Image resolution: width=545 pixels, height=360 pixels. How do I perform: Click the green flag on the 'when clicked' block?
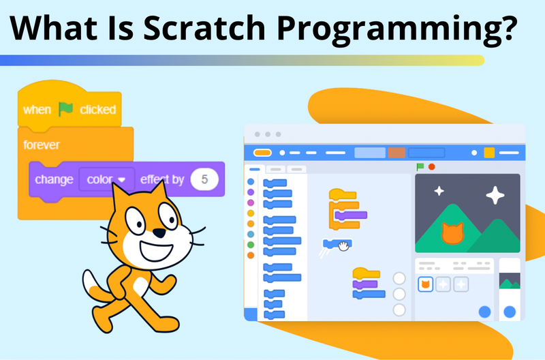click(x=66, y=109)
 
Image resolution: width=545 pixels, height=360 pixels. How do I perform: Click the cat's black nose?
click(x=158, y=233)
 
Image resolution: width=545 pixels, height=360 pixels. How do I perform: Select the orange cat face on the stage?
click(x=452, y=232)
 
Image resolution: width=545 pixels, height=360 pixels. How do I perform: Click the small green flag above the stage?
click(x=420, y=166)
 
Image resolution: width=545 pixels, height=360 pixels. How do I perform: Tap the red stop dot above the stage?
click(x=431, y=166)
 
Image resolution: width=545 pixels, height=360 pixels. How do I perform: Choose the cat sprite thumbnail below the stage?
click(x=425, y=284)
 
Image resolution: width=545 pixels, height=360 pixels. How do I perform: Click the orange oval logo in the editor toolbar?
click(x=262, y=153)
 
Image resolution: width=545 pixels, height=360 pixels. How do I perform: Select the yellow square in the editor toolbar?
click(x=489, y=153)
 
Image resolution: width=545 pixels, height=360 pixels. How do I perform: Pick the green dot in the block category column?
click(x=251, y=243)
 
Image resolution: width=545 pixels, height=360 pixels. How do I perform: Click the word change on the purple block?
click(x=54, y=180)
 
